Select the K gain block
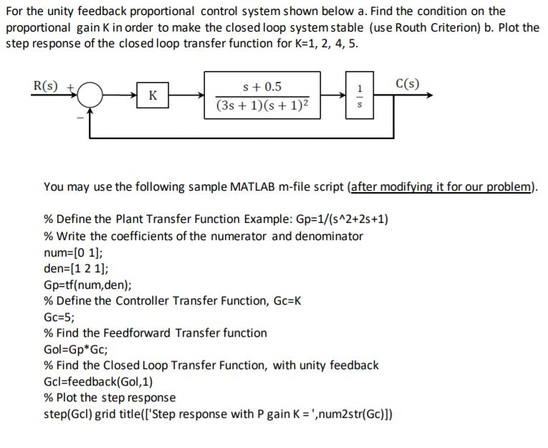pos(153,95)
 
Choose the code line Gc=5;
pos(59,316)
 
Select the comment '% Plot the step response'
pos(110,397)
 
